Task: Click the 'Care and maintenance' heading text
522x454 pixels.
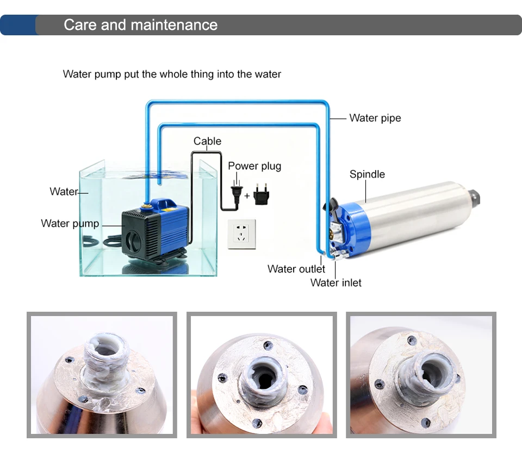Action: pos(140,25)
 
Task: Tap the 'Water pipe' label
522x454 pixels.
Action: pos(375,118)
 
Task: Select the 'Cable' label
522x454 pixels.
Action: pos(207,141)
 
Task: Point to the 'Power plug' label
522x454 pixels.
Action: pos(254,166)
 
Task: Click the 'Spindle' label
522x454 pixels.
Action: pos(367,174)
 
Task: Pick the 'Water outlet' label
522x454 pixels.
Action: pos(296,269)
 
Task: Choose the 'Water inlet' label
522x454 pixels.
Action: pos(336,283)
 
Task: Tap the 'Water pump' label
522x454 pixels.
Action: pos(70,224)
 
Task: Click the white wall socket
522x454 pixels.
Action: pos(241,234)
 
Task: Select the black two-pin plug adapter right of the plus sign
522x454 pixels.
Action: pos(262,194)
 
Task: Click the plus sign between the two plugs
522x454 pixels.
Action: pos(247,196)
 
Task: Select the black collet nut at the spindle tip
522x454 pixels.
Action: pos(474,198)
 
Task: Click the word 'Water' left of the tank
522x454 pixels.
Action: pos(64,192)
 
